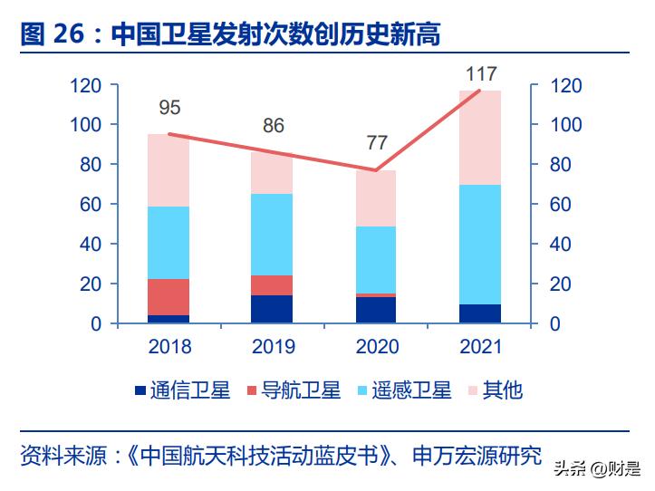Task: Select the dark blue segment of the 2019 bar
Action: pyautogui.click(x=272, y=309)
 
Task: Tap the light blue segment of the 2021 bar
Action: pyautogui.click(x=479, y=245)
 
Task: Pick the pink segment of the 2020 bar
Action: pyautogui.click(x=375, y=198)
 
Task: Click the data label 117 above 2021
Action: pyautogui.click(x=481, y=73)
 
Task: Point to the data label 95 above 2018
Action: pyautogui.click(x=169, y=108)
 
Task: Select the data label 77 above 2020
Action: pyautogui.click(x=377, y=143)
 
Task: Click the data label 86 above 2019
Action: pyautogui.click(x=274, y=125)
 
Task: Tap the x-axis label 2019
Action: pyautogui.click(x=273, y=348)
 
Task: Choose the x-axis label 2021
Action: pyautogui.click(x=480, y=348)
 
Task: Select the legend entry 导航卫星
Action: pyautogui.click(x=291, y=391)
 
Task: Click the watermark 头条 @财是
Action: pyautogui.click(x=595, y=469)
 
